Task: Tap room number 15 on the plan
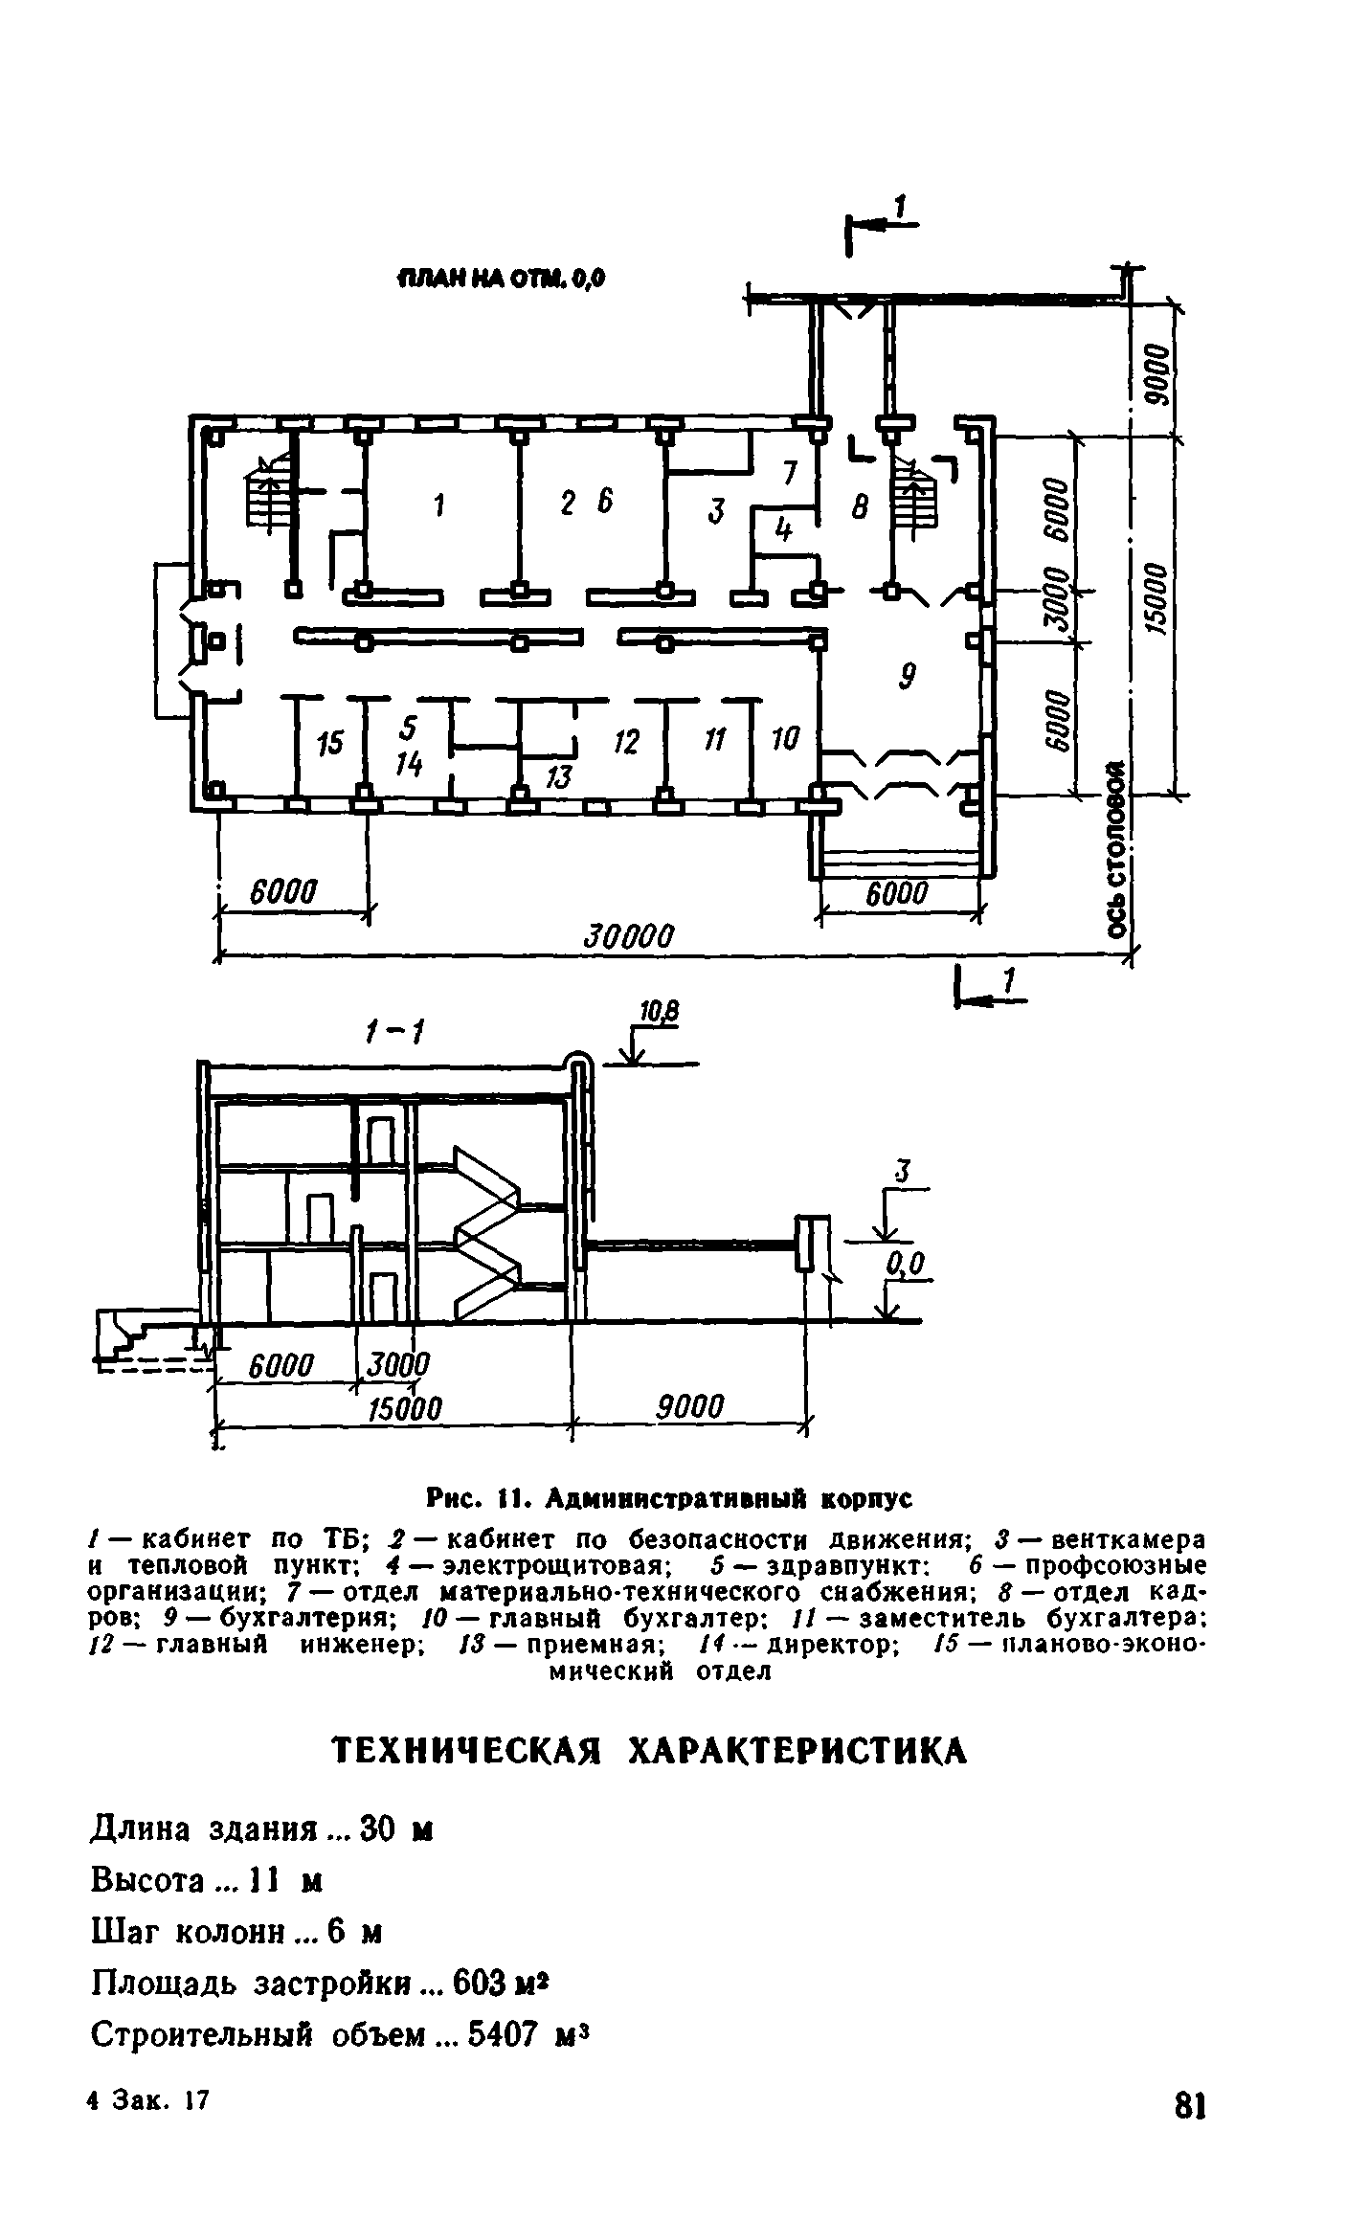tap(330, 743)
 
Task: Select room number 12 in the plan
tap(626, 742)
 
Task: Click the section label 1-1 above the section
tap(394, 1032)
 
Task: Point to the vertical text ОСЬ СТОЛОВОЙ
tap(1115, 850)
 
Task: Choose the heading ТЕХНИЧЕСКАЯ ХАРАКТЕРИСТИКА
tap(649, 1751)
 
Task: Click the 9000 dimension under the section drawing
tap(690, 1407)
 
